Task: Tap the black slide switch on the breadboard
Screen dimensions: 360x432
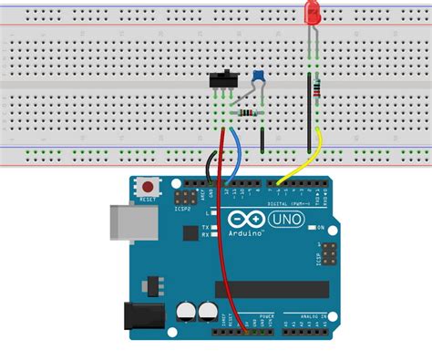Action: (x=220, y=81)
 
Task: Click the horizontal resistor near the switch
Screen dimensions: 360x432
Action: (x=247, y=113)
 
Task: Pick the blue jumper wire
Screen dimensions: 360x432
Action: (x=239, y=150)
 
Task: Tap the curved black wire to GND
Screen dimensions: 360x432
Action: (x=211, y=164)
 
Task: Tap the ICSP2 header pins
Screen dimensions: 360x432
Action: (x=187, y=197)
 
